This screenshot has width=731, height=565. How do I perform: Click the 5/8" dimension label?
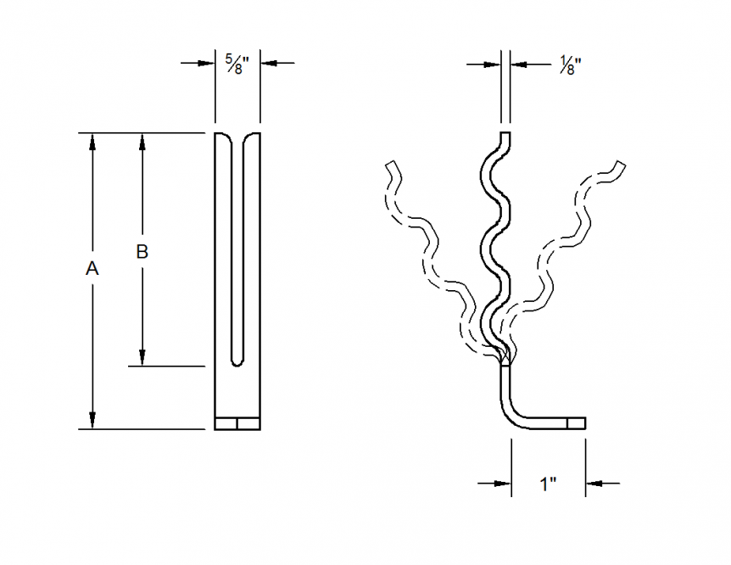pyautogui.click(x=234, y=63)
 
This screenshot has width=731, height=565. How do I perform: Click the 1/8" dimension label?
pyautogui.click(x=571, y=63)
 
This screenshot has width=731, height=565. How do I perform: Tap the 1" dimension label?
pyautogui.click(x=548, y=484)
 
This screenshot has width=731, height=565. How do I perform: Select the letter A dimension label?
pyautogui.click(x=92, y=269)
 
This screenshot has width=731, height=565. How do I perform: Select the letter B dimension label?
pyautogui.click(x=142, y=251)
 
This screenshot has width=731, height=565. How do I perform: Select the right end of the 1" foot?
pyautogui.click(x=583, y=422)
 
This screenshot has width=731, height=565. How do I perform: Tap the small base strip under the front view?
pyautogui.click(x=237, y=423)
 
